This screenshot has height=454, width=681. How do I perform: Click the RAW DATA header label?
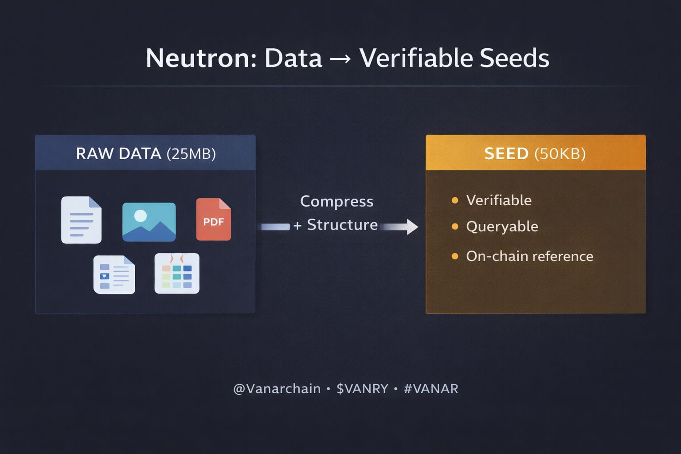point(118,153)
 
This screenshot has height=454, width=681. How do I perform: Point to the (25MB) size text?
point(191,154)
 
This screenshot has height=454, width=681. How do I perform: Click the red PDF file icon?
point(213,219)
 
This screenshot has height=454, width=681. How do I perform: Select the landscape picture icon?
point(149,222)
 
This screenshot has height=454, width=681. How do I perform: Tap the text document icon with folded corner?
point(81,220)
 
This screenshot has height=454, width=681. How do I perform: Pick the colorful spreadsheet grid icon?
point(177,273)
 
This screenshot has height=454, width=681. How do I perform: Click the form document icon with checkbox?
point(114,274)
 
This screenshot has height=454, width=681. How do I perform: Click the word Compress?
point(337,201)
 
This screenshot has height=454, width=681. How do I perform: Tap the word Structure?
point(342,225)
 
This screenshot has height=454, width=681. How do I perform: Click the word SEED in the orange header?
point(506,153)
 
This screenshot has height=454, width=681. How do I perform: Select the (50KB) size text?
point(560,154)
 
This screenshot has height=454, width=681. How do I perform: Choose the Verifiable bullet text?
point(499,200)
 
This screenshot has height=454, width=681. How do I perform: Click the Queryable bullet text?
point(502,227)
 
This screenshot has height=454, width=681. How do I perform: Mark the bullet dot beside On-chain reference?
point(454,256)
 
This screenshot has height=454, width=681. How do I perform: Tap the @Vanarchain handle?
point(277,388)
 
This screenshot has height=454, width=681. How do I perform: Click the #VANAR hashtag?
point(431,388)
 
